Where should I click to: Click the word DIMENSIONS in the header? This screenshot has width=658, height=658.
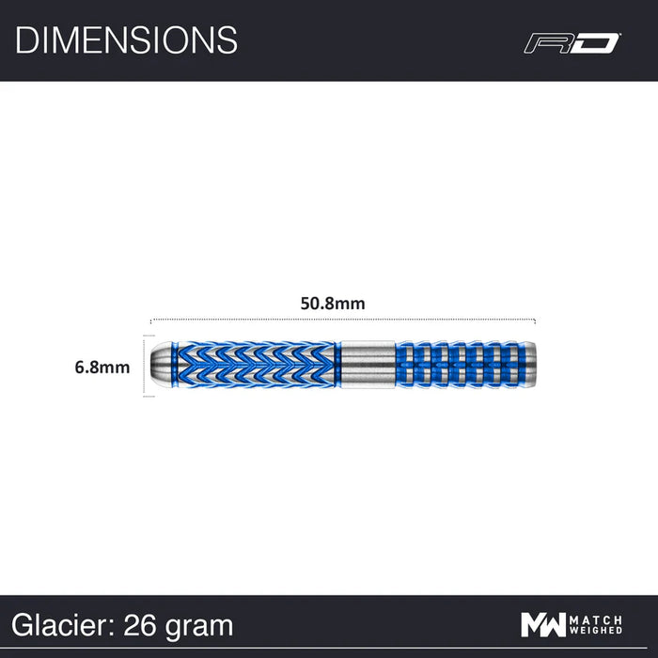(x=126, y=40)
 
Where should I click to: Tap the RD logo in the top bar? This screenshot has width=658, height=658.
(x=572, y=42)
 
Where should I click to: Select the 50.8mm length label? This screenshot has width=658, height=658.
(x=333, y=303)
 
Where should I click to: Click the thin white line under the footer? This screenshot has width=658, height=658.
(x=329, y=650)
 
